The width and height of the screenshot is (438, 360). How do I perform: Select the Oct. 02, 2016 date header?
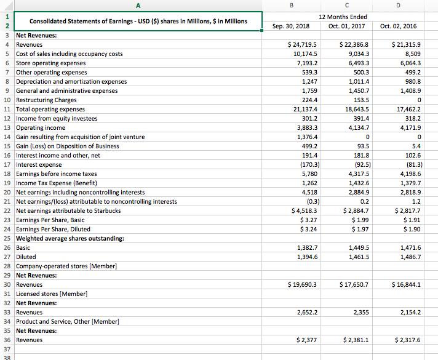[x=398, y=26]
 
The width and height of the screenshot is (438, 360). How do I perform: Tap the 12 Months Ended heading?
[x=348, y=17]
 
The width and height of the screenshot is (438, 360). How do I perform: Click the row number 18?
[x=6, y=174]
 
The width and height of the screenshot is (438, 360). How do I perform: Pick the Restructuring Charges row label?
[x=46, y=100]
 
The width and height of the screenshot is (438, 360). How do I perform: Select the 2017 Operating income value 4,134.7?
[x=355, y=128]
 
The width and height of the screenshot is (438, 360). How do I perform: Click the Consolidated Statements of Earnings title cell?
[x=138, y=22]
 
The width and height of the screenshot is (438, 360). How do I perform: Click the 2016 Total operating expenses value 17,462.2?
[x=408, y=110]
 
